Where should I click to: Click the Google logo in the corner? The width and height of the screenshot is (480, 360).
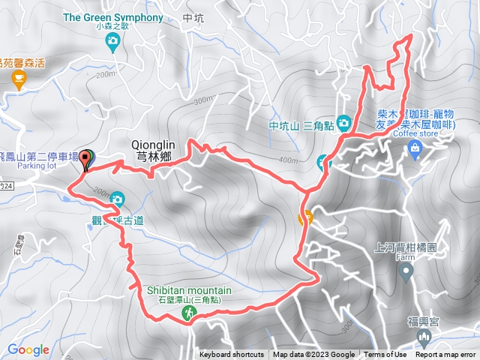pyautogui.click(x=28, y=349)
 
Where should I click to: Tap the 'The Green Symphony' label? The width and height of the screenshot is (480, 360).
pyautogui.click(x=113, y=17)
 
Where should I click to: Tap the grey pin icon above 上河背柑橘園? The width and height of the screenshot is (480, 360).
pyautogui.click(x=406, y=273)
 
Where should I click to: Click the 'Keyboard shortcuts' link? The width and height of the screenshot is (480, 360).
pyautogui.click(x=232, y=355)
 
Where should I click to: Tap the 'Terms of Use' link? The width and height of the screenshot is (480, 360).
pyautogui.click(x=385, y=355)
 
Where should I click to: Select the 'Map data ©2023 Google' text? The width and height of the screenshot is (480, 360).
pyautogui.click(x=314, y=355)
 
